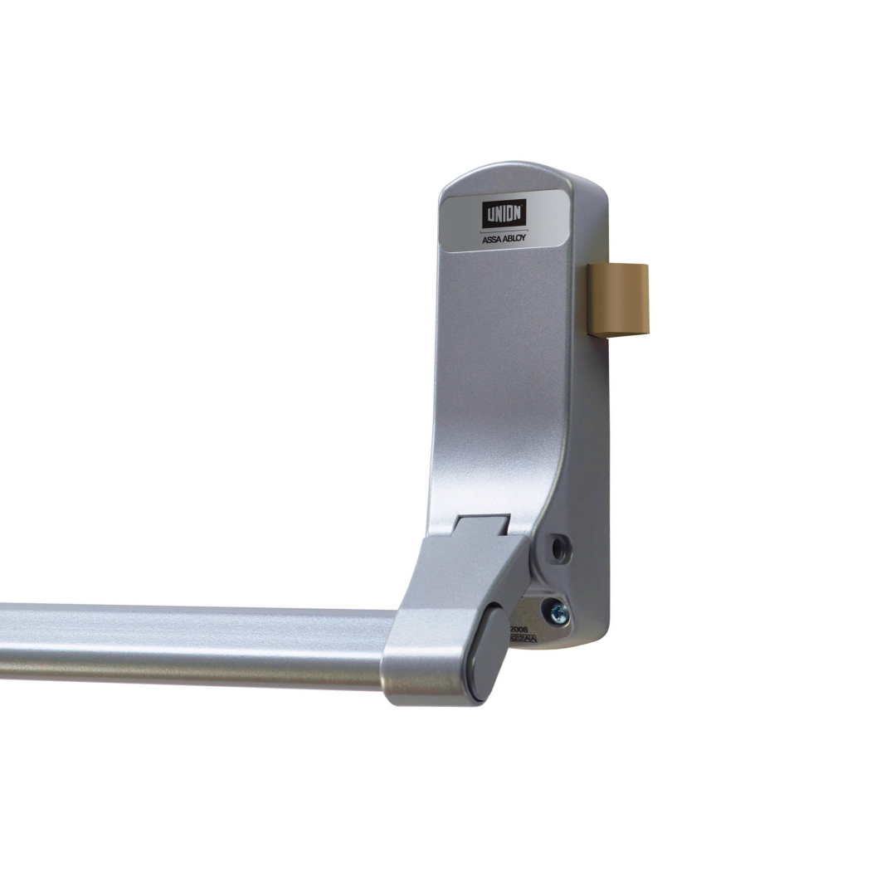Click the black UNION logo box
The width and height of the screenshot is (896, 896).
504,214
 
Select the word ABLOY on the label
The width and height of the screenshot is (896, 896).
515,238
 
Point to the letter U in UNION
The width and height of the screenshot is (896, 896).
489,214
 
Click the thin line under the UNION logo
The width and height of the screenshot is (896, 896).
504,230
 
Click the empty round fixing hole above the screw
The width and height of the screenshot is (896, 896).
561,548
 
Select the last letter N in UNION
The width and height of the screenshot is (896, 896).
518,214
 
